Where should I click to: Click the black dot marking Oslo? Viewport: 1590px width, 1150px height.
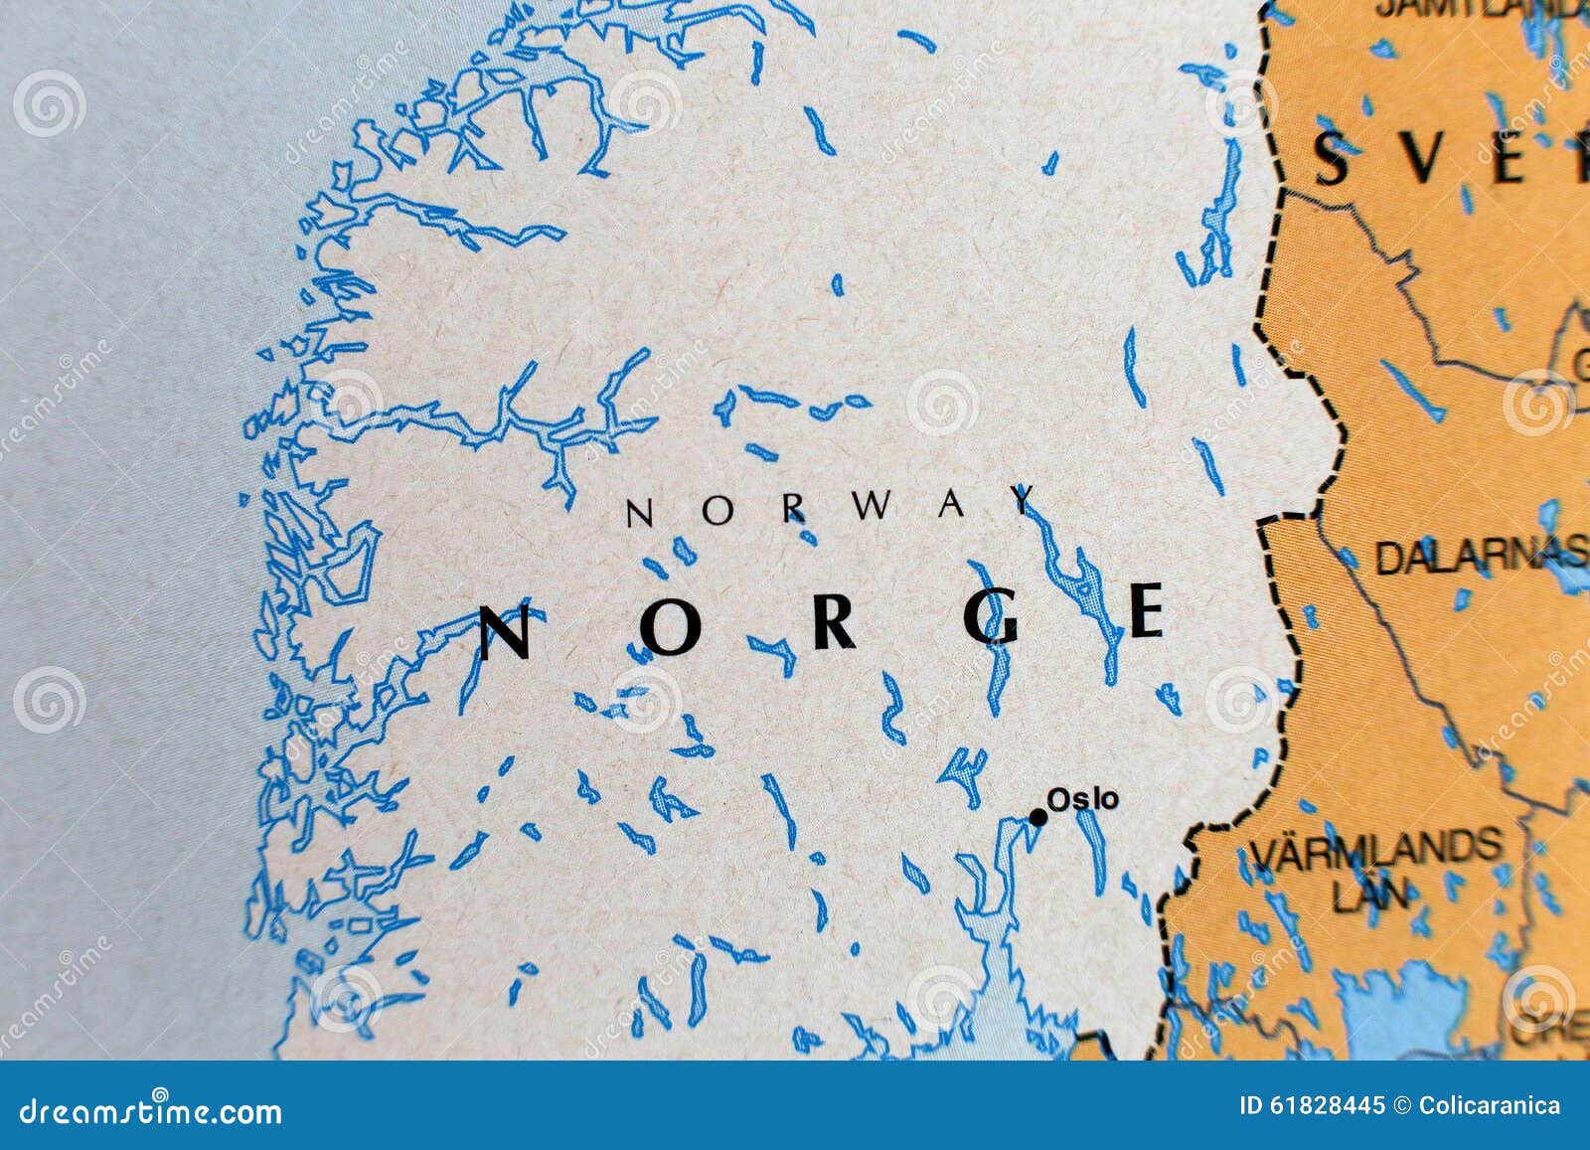click(x=1037, y=817)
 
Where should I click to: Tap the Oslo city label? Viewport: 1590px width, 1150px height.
click(x=1083, y=799)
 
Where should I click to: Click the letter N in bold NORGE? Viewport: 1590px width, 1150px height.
click(x=505, y=632)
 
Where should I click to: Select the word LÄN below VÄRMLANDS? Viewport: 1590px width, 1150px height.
click(x=1371, y=895)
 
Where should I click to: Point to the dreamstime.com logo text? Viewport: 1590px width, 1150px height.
click(x=151, y=1110)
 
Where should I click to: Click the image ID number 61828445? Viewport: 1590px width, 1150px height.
click(x=1327, y=1105)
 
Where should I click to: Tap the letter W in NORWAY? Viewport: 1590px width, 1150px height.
click(x=874, y=506)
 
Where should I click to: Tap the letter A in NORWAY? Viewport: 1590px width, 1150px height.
click(x=952, y=504)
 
